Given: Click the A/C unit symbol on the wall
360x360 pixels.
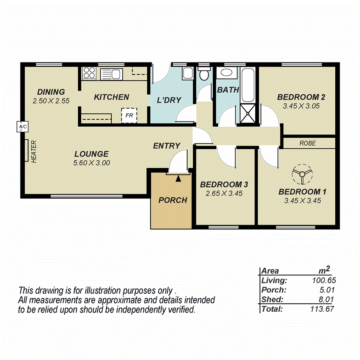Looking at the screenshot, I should click(x=22, y=126).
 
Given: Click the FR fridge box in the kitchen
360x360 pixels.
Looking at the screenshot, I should click(x=129, y=115).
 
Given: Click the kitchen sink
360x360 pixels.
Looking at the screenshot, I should click(x=111, y=73).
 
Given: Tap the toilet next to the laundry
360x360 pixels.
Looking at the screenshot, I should click(x=204, y=73).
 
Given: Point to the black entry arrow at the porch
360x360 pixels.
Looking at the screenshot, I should click(x=178, y=178).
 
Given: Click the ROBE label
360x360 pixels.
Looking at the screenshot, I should click(x=307, y=143).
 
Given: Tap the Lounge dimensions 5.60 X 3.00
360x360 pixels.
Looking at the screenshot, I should click(x=92, y=163).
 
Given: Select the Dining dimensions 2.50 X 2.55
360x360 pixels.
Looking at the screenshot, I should click(x=51, y=101).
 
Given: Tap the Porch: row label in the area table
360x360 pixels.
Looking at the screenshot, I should click(x=273, y=290).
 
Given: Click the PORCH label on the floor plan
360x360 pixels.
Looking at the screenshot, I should click(x=173, y=200).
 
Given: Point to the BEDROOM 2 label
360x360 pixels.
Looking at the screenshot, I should click(x=301, y=97).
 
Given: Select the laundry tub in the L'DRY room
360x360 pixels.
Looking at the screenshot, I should click(x=188, y=73).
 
